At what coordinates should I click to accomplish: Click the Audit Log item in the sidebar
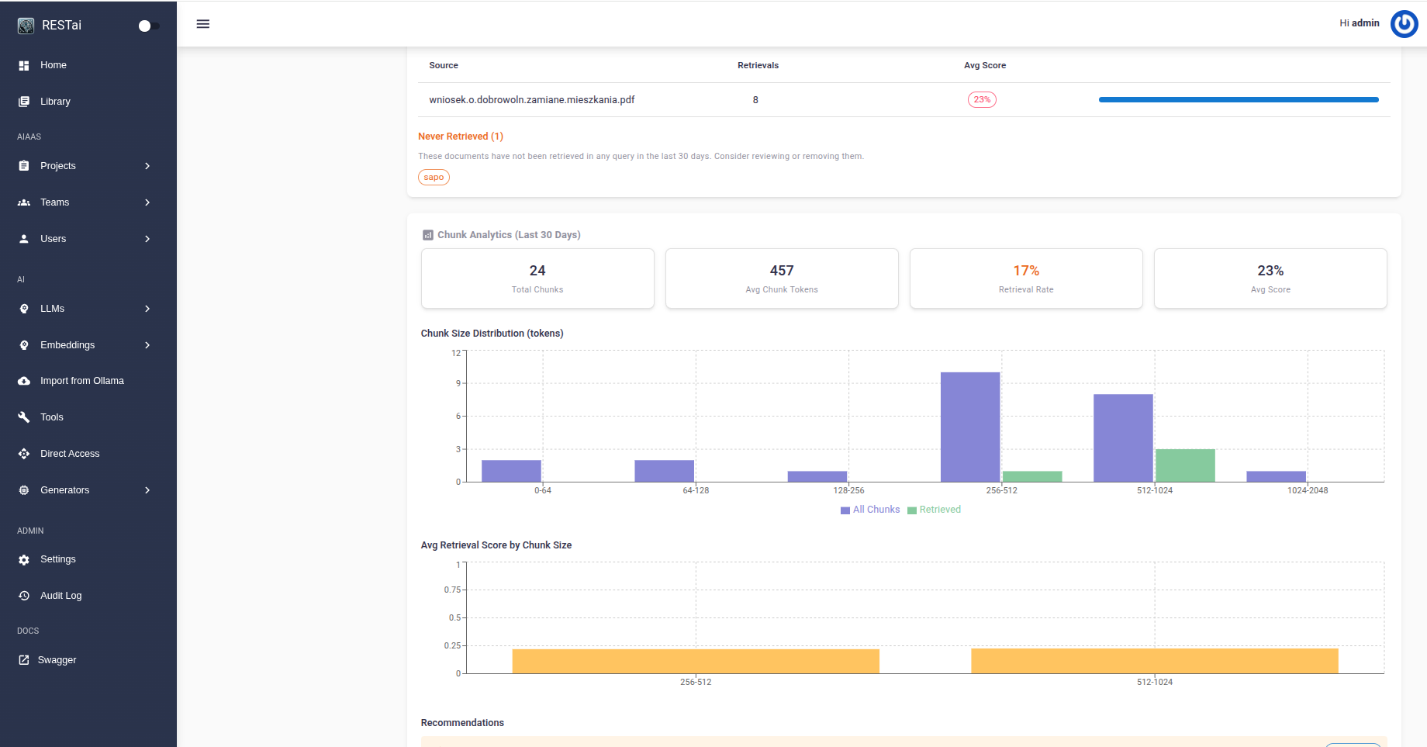pos(60,596)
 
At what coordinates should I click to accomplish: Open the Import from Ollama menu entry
pos(81,381)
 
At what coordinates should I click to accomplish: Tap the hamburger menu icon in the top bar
pos(203,24)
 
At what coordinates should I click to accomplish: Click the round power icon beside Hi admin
pos(1404,24)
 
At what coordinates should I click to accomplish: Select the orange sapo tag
pos(434,178)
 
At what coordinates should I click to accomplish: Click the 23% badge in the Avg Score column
pos(982,100)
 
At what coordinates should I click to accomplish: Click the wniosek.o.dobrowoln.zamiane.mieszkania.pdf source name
pos(531,100)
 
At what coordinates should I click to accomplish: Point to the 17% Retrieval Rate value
pos(1025,271)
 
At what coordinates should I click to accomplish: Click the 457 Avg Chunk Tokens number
pos(781,271)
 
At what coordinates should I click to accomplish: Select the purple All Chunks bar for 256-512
pos(969,427)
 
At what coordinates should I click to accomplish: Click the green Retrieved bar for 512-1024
pos(1185,465)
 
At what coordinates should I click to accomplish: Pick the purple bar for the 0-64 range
pos(511,471)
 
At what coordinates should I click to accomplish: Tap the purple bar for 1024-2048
pos(1276,476)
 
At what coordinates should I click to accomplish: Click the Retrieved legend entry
pos(935,510)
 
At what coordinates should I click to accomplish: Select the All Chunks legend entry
pos(871,510)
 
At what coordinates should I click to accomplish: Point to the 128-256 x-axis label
pos(848,490)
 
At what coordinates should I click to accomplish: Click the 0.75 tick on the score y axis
pos(452,590)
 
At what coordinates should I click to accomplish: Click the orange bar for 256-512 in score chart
pos(696,661)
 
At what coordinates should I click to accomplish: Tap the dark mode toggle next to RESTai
pos(148,26)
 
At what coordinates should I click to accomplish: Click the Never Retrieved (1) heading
pos(461,137)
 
